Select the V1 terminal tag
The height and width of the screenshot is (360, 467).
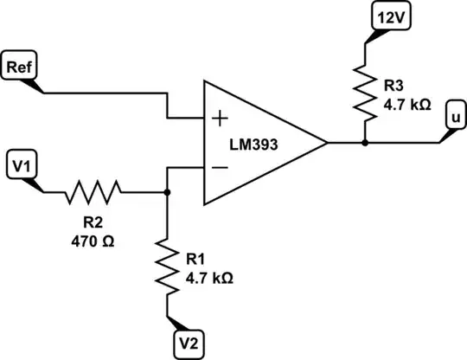click(22, 163)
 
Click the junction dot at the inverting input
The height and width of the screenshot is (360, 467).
click(167, 192)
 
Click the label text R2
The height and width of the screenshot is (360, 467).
click(91, 217)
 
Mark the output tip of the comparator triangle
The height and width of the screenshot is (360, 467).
click(327, 143)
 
